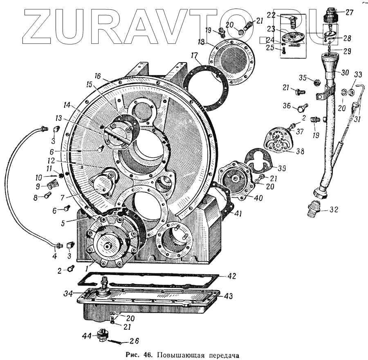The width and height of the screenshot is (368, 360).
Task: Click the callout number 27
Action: click(349, 13)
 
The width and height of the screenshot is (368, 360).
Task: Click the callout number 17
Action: click(194, 55)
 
